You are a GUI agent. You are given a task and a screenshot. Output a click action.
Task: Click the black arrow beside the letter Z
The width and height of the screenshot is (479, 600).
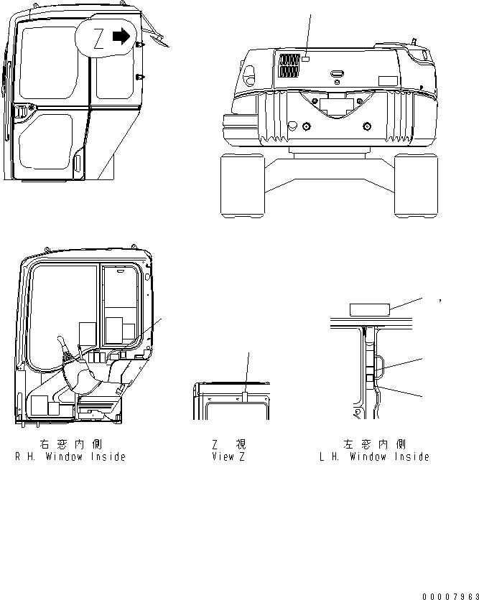point(124,35)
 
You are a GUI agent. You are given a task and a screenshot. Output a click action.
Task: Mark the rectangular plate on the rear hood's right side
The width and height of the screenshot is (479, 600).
point(389,80)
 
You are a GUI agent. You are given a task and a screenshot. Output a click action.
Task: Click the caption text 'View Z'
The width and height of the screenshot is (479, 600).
point(228,456)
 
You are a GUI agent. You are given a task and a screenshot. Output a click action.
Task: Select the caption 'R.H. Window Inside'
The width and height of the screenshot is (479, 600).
point(70,456)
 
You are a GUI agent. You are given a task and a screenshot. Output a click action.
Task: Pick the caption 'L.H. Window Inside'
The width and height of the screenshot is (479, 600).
point(374,456)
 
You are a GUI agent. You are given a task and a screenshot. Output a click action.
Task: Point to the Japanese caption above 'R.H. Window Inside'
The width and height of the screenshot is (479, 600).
point(70,445)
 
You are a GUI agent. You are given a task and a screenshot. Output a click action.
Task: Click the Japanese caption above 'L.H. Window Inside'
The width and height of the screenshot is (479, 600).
point(374,445)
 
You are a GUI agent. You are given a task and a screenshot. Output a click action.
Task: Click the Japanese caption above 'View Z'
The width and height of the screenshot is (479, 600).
point(228,445)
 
